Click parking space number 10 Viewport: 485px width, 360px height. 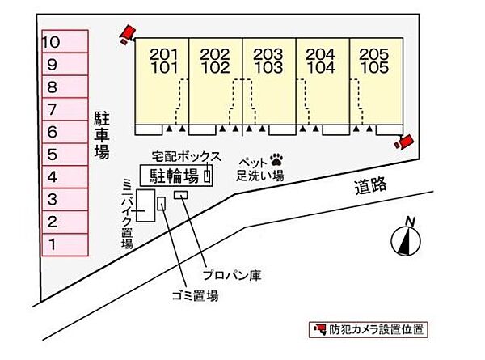pyautogui.click(x=65, y=41)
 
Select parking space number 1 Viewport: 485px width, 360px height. pyautogui.click(x=65, y=244)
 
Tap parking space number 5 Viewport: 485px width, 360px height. pyautogui.click(x=65, y=154)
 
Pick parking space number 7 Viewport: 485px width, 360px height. pyautogui.click(x=65, y=109)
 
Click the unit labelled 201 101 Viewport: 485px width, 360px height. pyautogui.click(x=162, y=81)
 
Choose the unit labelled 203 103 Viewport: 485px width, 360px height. pyautogui.click(x=268, y=81)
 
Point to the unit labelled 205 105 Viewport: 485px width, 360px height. pyautogui.click(x=374, y=81)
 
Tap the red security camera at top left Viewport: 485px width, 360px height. pyautogui.click(x=125, y=34)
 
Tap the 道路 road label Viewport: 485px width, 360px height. pyautogui.click(x=369, y=187)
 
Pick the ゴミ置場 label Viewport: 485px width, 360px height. pyautogui.click(x=195, y=295)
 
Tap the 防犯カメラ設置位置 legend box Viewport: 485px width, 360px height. pyautogui.click(x=368, y=329)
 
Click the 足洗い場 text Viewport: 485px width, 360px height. pyautogui.click(x=259, y=174)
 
